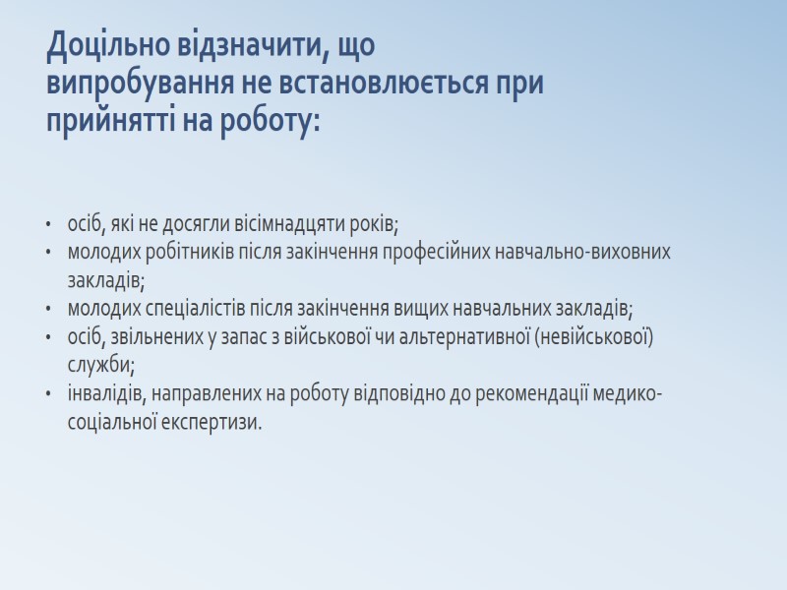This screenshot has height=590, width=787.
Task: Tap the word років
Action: [x=377, y=223]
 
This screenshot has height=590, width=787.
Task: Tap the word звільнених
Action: [x=151, y=337]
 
